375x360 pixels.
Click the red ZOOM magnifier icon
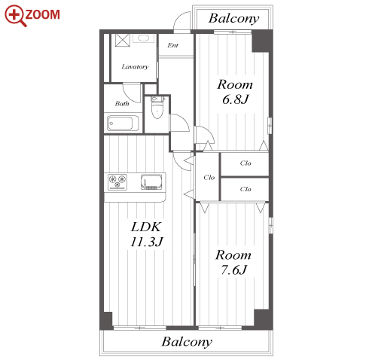click(15, 16)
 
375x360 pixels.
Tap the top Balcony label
click(233, 18)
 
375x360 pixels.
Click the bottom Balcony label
click(187, 342)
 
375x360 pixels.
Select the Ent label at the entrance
click(173, 45)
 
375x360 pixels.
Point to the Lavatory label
click(135, 67)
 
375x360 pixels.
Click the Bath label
click(122, 103)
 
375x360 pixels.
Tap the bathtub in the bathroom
click(123, 123)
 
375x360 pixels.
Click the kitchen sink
click(151, 182)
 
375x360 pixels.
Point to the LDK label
click(146, 227)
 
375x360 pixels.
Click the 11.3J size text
click(147, 242)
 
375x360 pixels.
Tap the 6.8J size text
click(235, 99)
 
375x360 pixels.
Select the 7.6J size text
click(234, 270)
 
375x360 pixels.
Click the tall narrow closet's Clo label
click(209, 178)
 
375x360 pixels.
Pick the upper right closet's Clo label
click(245, 163)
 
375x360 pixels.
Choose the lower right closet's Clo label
click(245, 189)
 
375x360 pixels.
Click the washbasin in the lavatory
click(143, 38)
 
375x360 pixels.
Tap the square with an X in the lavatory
click(123, 40)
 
